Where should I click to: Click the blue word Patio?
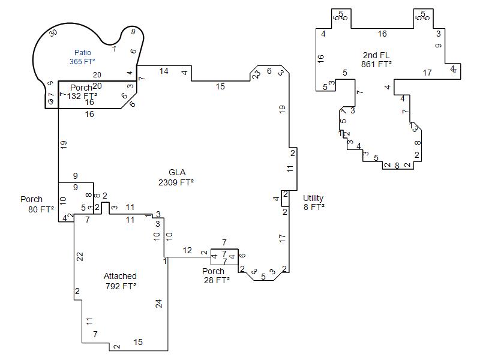tap(83, 53)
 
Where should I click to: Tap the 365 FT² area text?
tap(82, 61)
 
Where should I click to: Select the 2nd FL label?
tap(376, 55)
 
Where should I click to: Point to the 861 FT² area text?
tap(376, 64)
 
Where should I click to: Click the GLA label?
tap(177, 173)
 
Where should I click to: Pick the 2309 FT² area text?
tap(176, 182)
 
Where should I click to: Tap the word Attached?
tap(120, 276)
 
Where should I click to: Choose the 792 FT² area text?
tap(120, 286)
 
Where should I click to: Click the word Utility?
tap(313, 198)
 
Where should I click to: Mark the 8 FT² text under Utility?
tap(314, 207)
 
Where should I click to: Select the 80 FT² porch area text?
tap(41, 209)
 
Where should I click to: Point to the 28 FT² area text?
tap(216, 280)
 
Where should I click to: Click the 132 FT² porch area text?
tap(82, 96)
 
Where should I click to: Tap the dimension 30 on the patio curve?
tap(53, 32)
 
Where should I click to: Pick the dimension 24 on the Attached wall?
tap(159, 304)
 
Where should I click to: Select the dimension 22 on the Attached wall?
tap(80, 256)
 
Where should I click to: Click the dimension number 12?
tap(187, 250)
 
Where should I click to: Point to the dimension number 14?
tap(164, 71)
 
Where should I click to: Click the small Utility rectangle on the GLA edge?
tap(286, 199)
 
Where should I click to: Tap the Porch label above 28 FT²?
tap(213, 271)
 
